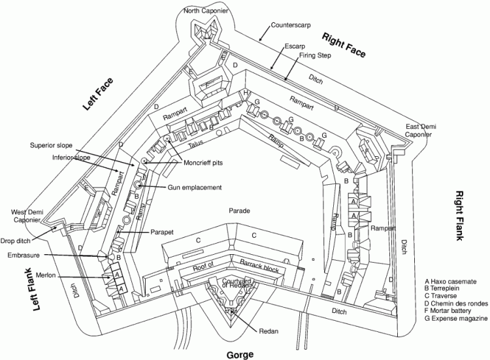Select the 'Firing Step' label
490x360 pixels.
[x=316, y=56]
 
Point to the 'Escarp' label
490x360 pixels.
[x=295, y=46]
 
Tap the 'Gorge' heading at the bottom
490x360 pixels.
[x=240, y=353]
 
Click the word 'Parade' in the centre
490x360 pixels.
[x=240, y=210]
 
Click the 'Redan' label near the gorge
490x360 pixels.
[x=269, y=331]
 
